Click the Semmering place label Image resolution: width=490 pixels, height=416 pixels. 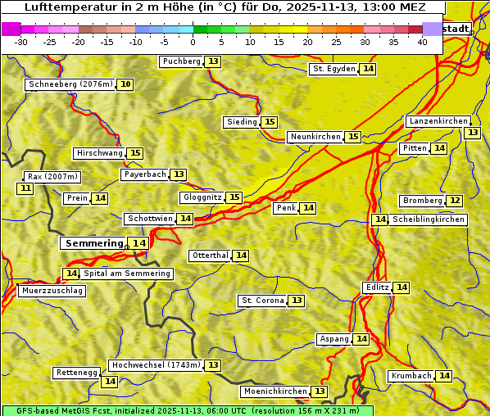93,243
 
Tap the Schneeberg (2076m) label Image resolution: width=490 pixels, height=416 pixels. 70,84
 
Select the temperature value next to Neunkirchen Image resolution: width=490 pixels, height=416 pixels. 353,137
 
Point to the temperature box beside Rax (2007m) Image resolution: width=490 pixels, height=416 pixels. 25,188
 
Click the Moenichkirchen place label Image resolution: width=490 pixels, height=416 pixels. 275,391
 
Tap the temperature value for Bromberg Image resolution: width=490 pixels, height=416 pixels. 455,201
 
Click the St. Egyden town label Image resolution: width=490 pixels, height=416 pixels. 334,69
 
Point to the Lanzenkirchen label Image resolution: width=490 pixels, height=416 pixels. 438,121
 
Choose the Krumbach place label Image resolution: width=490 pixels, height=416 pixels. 411,376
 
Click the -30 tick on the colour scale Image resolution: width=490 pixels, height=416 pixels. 22,42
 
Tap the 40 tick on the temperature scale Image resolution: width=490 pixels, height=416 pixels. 422,42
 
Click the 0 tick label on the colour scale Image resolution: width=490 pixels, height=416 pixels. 193,42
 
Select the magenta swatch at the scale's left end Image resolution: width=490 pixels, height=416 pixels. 11,29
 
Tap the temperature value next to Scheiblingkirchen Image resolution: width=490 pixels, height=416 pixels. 379,219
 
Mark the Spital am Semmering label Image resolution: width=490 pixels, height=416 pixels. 127,274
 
